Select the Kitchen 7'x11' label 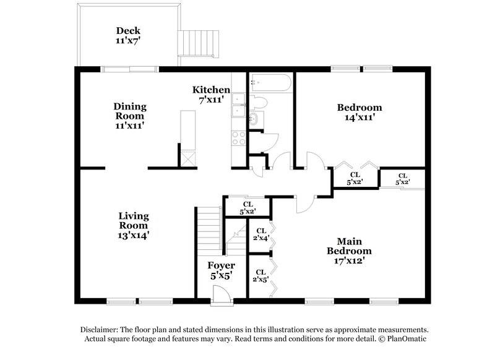click(211, 94)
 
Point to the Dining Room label click(129, 116)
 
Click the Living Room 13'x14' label click(134, 225)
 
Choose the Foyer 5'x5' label click(221, 271)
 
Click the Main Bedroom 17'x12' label click(350, 251)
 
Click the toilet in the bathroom click(258, 101)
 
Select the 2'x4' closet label click(260, 234)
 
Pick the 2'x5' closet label click(260, 275)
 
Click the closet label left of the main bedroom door click(247, 207)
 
